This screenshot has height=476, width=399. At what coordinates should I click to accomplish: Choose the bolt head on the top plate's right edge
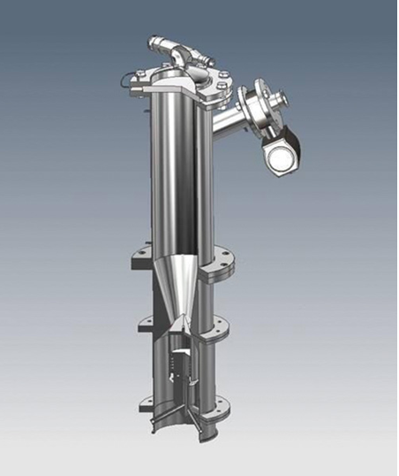(222, 75)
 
